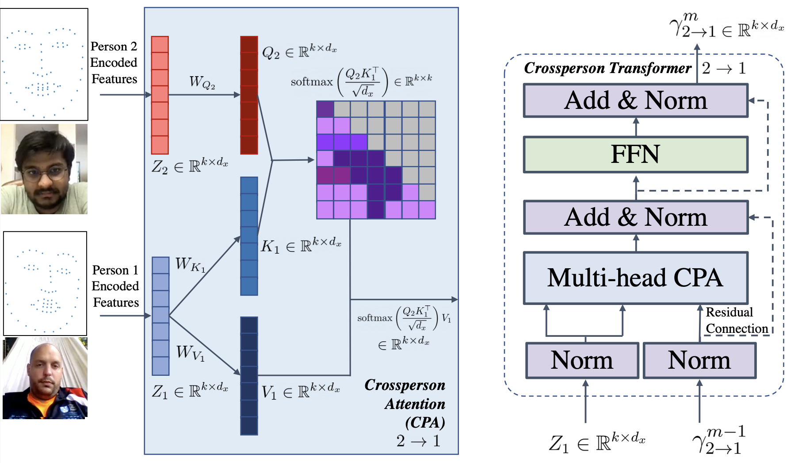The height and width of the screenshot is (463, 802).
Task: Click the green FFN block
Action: [635, 154]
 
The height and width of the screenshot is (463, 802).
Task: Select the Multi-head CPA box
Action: [635, 278]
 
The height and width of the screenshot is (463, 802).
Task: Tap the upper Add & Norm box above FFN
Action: [635, 100]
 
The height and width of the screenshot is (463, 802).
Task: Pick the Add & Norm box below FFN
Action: [635, 217]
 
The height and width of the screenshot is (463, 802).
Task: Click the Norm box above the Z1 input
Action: [582, 360]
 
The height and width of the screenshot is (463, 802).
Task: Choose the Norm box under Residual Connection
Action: [699, 360]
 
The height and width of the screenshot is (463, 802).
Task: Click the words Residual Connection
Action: [736, 320]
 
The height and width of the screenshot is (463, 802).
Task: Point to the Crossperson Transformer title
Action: [607, 68]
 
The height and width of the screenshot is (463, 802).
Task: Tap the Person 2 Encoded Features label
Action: [114, 62]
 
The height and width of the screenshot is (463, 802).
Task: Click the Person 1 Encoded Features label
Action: [115, 286]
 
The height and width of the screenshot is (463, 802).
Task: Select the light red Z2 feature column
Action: [160, 95]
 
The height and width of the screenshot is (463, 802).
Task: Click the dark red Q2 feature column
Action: [249, 95]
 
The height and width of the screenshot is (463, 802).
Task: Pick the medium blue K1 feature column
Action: [249, 236]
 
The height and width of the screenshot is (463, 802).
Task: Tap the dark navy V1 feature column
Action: [249, 375]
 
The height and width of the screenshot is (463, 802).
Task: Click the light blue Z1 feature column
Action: [160, 316]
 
